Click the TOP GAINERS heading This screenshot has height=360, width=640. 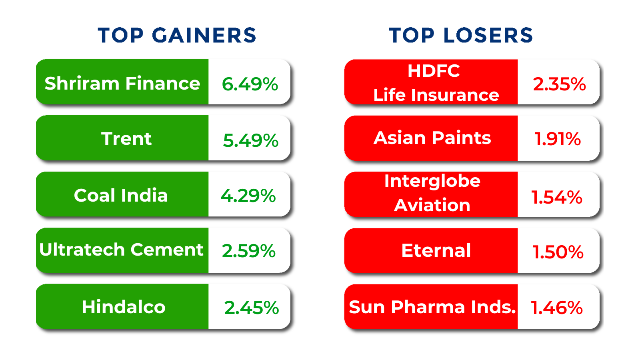pyautogui.click(x=177, y=35)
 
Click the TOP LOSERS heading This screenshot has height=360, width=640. pyautogui.click(x=461, y=35)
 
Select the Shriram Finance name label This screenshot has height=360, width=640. pyautogui.click(x=122, y=83)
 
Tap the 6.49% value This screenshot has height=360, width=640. pyautogui.click(x=250, y=84)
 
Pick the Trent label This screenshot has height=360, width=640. pyautogui.click(x=126, y=139)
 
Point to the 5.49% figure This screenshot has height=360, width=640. pyautogui.click(x=250, y=140)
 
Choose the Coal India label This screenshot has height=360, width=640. pyautogui.click(x=121, y=195)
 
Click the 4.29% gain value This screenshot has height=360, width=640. pyautogui.click(x=248, y=196)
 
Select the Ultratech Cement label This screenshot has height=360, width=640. pyautogui.click(x=121, y=250)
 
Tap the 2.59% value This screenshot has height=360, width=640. pyautogui.click(x=248, y=251)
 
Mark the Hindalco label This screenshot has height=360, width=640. pyautogui.click(x=123, y=307)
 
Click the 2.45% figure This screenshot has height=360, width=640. pyautogui.click(x=251, y=308)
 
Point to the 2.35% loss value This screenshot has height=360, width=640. pyautogui.click(x=559, y=84)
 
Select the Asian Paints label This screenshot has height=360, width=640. pyautogui.click(x=432, y=138)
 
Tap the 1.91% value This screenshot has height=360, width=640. pyautogui.click(x=558, y=139)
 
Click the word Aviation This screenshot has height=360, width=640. pyautogui.click(x=432, y=205)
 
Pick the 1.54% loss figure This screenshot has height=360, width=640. pyautogui.click(x=556, y=197)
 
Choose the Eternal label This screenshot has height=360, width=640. pyautogui.click(x=436, y=250)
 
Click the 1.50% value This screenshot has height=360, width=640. pyautogui.click(x=558, y=252)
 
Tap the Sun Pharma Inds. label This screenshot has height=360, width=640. pyautogui.click(x=432, y=307)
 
